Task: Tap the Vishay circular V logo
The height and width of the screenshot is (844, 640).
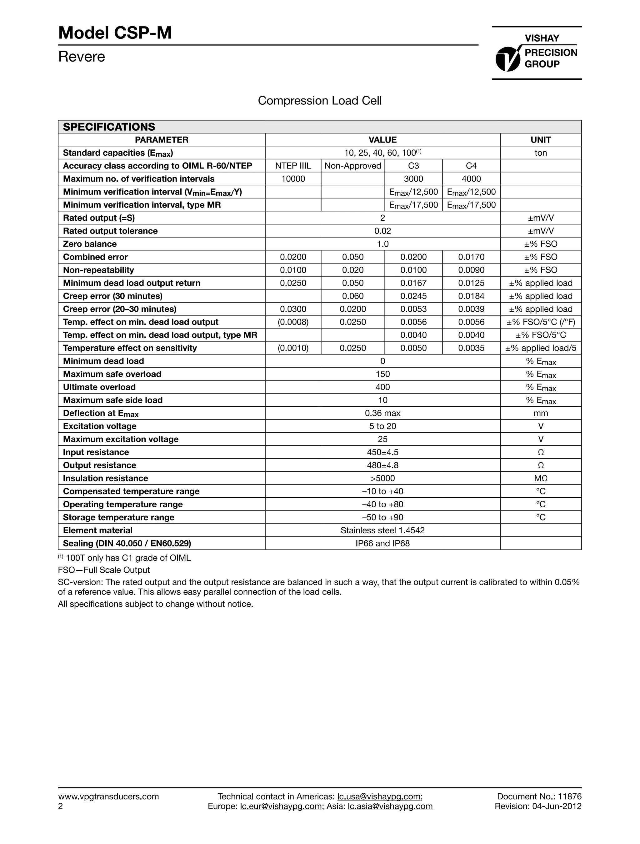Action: tap(507, 59)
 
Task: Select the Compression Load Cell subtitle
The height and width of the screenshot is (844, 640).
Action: tap(320, 101)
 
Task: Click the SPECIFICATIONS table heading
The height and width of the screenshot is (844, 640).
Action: tap(109, 127)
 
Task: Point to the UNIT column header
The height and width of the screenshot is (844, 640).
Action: tap(540, 140)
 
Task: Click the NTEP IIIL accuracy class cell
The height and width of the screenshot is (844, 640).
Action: tap(293, 166)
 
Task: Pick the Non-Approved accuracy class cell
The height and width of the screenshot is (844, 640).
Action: tap(353, 166)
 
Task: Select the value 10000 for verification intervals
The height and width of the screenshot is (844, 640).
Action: tap(293, 178)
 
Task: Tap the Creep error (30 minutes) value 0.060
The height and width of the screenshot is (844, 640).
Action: tap(353, 296)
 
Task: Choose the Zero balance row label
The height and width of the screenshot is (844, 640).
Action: tap(90, 244)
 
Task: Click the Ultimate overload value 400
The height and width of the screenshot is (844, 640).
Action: tap(382, 387)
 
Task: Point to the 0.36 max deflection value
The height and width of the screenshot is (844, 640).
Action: tap(382, 413)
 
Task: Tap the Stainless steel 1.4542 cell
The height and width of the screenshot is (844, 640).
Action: tap(382, 530)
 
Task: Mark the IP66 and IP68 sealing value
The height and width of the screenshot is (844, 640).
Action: tap(382, 543)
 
